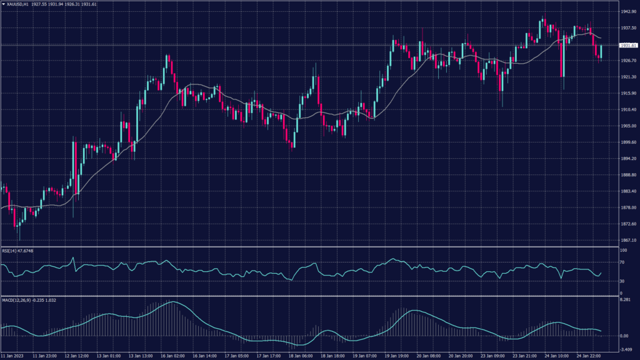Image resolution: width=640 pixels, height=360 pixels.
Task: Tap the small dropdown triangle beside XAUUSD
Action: (3, 4)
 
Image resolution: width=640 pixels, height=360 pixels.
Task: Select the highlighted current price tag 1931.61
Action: (627, 46)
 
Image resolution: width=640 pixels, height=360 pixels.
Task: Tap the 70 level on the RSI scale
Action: (622, 262)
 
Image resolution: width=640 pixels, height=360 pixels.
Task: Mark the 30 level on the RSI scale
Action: (622, 280)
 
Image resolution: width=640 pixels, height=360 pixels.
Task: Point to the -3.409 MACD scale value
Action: (626, 349)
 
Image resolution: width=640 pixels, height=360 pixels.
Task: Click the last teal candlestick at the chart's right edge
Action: (601, 52)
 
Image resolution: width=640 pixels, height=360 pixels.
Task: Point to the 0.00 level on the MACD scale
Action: (624, 336)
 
